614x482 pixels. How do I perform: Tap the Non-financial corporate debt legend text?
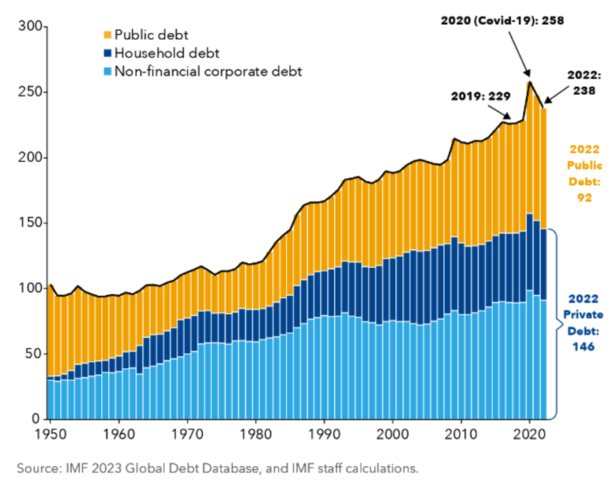click(208, 71)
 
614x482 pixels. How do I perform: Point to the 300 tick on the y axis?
click(30, 27)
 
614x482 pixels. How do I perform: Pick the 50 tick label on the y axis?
click(33, 353)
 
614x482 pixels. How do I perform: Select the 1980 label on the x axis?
click(255, 434)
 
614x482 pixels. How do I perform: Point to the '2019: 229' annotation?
click(481, 97)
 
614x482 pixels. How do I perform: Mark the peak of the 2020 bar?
click(530, 82)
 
